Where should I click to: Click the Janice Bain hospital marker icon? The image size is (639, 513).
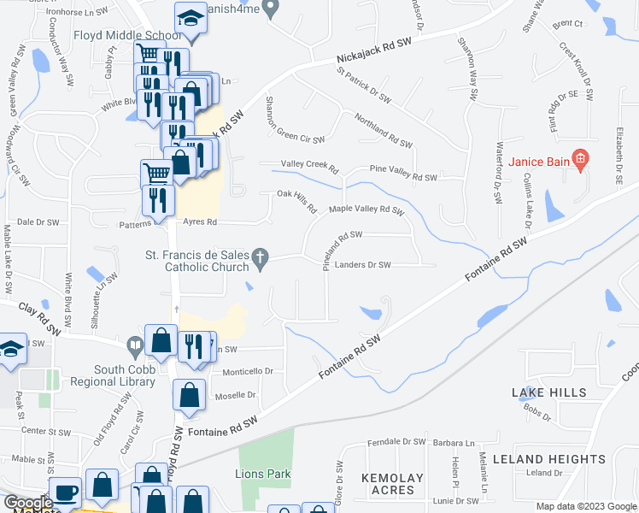(581, 158)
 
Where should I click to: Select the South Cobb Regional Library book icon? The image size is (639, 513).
(134, 347)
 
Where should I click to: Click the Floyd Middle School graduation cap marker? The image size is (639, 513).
(190, 18)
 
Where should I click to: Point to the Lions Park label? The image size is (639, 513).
(263, 474)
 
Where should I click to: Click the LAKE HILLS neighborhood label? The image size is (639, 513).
(549, 392)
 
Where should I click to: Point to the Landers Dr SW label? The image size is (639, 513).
(362, 265)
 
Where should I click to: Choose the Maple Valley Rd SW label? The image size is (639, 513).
(366, 209)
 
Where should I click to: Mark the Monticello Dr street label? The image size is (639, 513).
(248, 372)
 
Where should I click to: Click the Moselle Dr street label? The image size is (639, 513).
(239, 395)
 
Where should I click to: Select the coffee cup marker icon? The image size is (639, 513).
(66, 493)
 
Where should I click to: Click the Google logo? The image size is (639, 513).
(28, 503)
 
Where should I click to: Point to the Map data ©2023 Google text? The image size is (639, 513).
(585, 506)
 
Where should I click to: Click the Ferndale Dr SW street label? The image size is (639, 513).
(396, 443)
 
